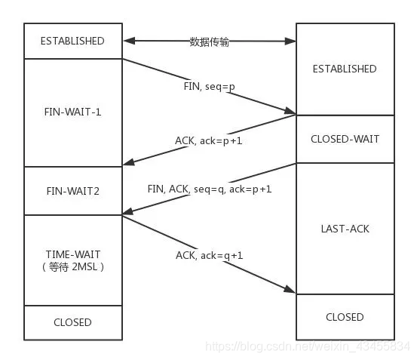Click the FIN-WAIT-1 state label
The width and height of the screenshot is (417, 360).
tap(72, 112)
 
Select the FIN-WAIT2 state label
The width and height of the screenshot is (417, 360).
tap(72, 191)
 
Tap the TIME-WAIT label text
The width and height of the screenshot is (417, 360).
tap(73, 254)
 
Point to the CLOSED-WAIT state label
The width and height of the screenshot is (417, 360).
tap(345, 139)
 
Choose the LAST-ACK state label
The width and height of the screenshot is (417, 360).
tap(345, 229)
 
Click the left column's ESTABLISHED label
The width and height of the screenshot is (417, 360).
tap(72, 41)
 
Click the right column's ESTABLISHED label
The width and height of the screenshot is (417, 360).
tap(345, 69)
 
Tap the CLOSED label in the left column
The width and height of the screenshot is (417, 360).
tap(72, 322)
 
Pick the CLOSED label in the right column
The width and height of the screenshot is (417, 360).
tap(345, 317)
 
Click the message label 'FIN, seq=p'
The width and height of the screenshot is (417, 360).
tap(210, 87)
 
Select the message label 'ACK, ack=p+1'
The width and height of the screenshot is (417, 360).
tap(208, 140)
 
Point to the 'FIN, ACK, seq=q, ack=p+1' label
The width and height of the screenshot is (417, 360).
tap(210, 189)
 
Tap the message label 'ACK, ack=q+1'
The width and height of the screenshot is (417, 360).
tap(210, 255)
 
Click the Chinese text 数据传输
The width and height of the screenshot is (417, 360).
tap(210, 42)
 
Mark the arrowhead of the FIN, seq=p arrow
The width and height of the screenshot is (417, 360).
tap(290, 112)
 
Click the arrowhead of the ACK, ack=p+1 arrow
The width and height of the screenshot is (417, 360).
tap(129, 162)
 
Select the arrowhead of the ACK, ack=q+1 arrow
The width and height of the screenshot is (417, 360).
tap(290, 290)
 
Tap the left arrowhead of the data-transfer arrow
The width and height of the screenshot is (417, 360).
tap(129, 41)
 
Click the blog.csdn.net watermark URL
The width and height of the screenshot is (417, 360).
tap(308, 346)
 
